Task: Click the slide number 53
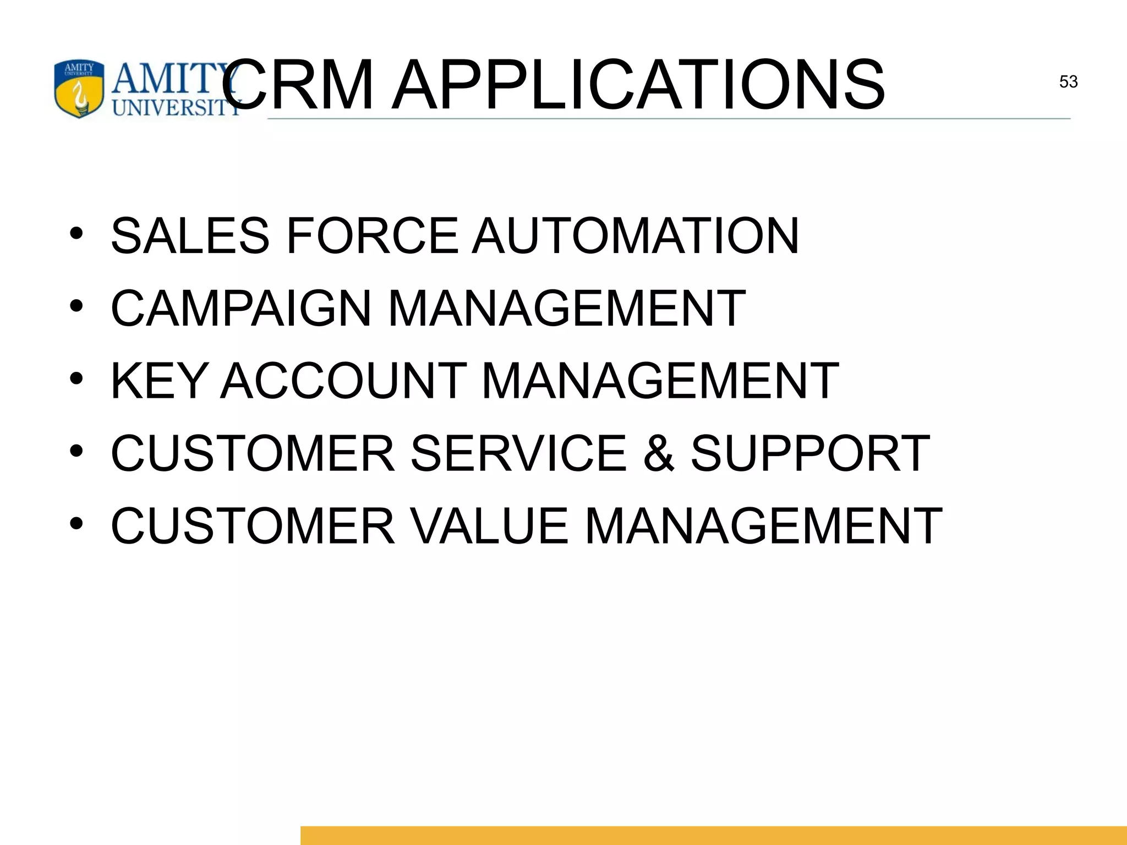click(x=1068, y=82)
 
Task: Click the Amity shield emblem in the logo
click(x=79, y=89)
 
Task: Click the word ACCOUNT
click(x=343, y=381)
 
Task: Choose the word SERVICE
click(x=518, y=453)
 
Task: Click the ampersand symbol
click(x=659, y=453)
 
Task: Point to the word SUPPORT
click(x=810, y=453)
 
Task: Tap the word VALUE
click(x=490, y=526)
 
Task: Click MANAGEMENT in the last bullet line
click(x=763, y=526)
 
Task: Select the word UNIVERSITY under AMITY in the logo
click(x=176, y=107)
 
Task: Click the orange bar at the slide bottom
click(x=713, y=835)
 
